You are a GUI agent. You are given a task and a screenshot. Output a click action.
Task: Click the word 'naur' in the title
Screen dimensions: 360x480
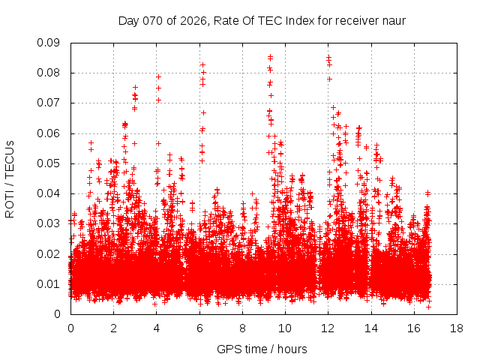tap(393, 20)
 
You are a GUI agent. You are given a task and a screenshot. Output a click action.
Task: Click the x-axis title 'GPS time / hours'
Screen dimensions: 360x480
tap(262, 349)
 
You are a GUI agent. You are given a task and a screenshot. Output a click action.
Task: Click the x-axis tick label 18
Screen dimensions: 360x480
tap(456, 328)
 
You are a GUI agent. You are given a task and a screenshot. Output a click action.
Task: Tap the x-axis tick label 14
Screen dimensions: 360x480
tap(370, 328)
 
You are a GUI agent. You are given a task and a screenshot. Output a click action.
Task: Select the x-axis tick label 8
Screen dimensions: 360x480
tap(242, 328)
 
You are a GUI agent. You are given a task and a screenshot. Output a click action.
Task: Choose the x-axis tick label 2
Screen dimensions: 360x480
tap(113, 328)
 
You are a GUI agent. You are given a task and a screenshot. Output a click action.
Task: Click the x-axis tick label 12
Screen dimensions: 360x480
tap(328, 328)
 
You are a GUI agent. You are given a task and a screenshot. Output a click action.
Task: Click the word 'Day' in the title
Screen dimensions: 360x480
tap(128, 20)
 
